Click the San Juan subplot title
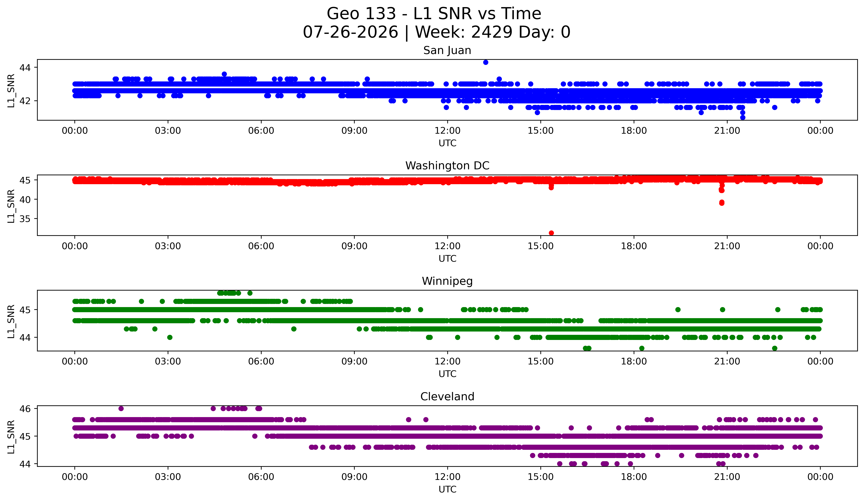click(x=447, y=50)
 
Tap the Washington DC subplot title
click(x=447, y=166)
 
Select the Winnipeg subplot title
click(x=447, y=281)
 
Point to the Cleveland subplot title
click(x=447, y=397)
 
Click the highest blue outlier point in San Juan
click(x=485, y=62)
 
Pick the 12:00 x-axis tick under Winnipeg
click(x=447, y=361)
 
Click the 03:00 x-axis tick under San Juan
click(x=168, y=130)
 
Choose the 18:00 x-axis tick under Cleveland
click(x=634, y=477)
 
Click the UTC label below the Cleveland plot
click(x=447, y=489)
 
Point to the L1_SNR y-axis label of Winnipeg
click(x=11, y=321)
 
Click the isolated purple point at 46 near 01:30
click(x=121, y=408)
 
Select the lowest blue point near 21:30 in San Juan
click(x=743, y=117)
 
